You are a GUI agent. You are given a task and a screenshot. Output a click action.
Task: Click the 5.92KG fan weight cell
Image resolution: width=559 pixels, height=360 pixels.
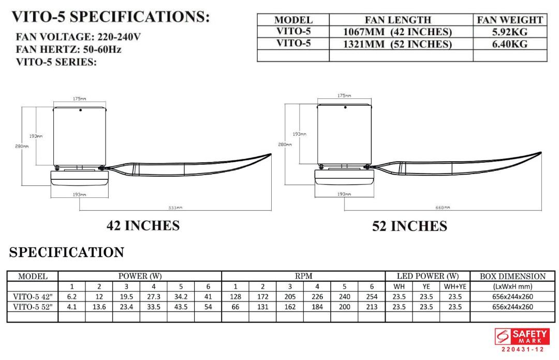point(510,32)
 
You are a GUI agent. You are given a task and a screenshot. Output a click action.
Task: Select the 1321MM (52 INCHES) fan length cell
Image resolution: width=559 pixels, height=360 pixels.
point(397,44)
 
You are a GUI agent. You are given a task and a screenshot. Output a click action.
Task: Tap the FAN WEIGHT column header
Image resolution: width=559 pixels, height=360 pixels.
point(510,20)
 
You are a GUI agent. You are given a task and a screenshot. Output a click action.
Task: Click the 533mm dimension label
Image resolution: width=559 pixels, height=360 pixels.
point(175,208)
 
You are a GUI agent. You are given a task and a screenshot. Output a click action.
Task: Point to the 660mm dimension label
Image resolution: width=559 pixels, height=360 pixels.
point(444,208)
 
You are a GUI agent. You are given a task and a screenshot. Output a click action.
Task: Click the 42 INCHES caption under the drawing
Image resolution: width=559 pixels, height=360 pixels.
point(143,226)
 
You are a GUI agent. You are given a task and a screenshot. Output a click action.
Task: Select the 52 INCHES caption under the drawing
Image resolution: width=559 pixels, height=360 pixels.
point(409,226)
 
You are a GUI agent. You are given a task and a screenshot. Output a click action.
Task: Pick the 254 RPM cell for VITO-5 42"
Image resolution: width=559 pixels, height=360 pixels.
point(372,297)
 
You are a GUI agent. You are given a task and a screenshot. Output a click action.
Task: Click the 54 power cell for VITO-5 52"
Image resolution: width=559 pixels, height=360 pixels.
point(208,307)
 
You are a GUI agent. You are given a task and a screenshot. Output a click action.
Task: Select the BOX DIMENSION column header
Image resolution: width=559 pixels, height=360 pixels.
point(512,277)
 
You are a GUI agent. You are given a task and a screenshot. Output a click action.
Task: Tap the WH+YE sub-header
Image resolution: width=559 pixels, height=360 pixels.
point(455,286)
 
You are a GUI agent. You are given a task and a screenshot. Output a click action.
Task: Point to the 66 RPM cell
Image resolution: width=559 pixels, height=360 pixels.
point(235,307)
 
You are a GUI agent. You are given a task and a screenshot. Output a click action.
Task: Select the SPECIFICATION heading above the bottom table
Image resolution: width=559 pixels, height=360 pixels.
point(67,252)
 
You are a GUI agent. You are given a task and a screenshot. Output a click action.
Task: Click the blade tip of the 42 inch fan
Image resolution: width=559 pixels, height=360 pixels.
point(270,154)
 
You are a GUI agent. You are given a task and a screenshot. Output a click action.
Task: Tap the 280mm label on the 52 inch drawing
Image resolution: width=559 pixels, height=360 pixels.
point(286,145)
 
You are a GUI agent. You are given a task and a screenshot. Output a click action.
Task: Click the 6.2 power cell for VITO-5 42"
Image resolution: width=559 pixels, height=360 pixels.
point(72,297)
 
